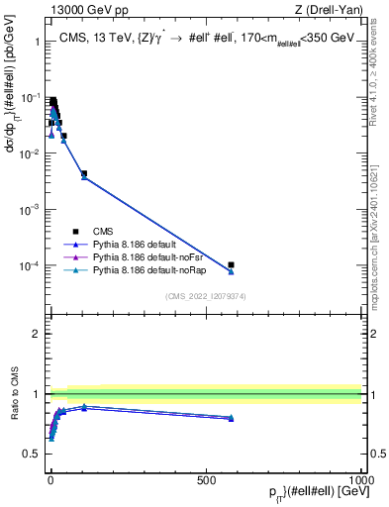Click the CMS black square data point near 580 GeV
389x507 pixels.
click(231, 264)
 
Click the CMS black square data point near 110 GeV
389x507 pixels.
click(84, 173)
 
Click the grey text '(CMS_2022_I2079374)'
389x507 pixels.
click(205, 295)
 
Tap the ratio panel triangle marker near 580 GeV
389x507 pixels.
click(231, 418)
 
